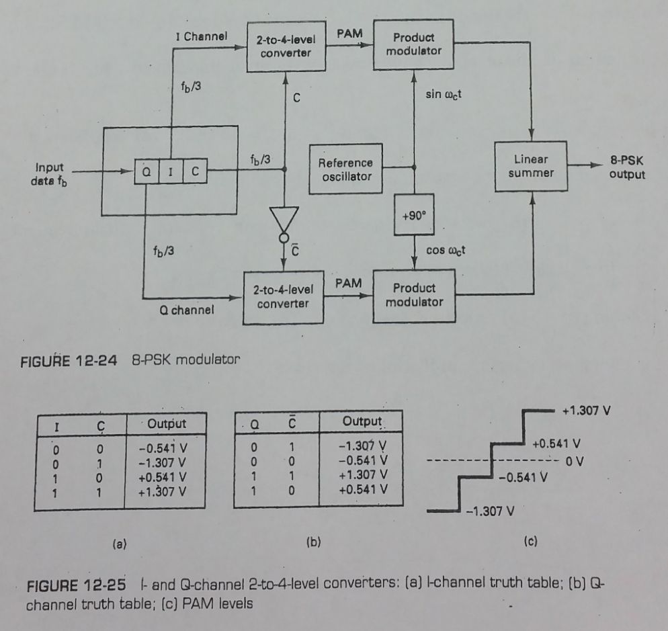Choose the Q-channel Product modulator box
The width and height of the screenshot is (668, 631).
[x=414, y=294]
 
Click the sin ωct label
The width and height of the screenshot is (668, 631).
[x=442, y=93]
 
